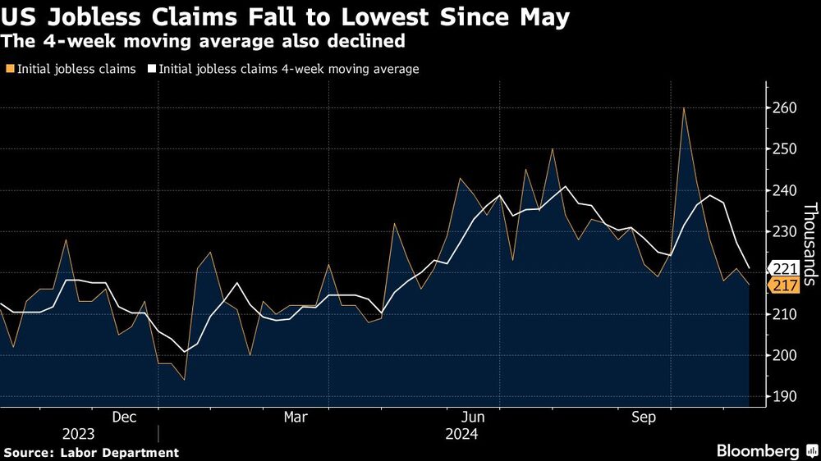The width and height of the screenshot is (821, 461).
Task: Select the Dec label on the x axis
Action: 124,418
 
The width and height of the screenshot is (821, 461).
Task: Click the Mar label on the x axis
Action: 296,418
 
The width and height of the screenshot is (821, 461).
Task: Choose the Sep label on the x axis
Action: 644,418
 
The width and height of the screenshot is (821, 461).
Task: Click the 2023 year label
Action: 78,434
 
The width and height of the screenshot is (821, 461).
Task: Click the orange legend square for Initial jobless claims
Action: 9,70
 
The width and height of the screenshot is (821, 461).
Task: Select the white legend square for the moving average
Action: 152,70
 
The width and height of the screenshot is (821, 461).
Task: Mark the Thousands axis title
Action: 809,244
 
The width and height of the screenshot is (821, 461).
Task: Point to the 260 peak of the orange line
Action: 683,108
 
